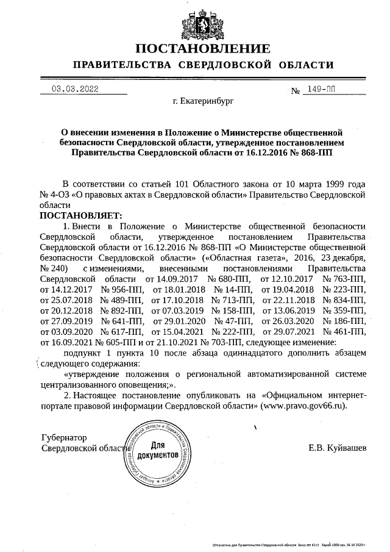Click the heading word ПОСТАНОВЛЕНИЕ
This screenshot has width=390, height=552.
pos(202,49)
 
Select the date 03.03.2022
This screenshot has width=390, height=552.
pos(74,89)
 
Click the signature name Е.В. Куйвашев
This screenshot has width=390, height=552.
pos(338,449)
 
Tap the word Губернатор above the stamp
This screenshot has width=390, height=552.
pos(64,438)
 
